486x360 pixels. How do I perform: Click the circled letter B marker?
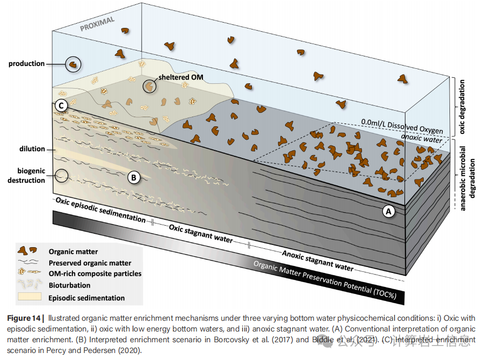134,176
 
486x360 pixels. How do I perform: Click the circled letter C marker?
62,106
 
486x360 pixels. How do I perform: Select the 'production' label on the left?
26,63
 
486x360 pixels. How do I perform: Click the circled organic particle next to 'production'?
72,64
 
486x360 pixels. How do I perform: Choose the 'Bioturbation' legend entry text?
69,285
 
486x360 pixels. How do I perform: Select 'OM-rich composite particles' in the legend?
95,273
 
